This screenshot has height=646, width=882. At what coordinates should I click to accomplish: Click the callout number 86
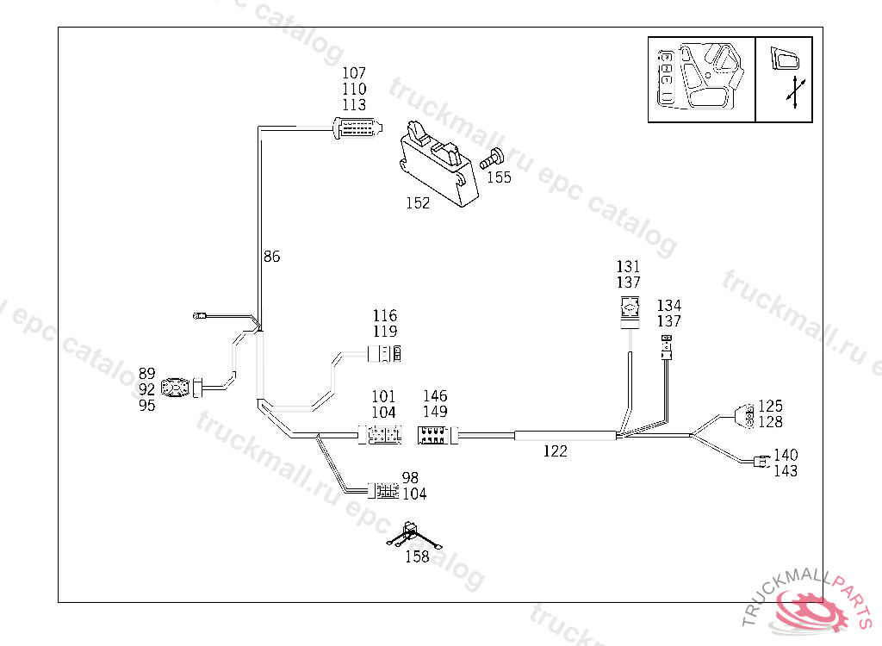tap(271, 257)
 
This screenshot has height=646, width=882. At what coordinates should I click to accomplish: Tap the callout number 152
tap(418, 203)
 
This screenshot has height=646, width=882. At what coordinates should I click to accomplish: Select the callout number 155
tap(499, 177)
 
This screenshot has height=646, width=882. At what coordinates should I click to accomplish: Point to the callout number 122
tap(556, 450)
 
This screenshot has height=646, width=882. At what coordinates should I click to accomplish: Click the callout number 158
tap(417, 556)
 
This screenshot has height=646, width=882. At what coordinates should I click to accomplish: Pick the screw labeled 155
tap(493, 158)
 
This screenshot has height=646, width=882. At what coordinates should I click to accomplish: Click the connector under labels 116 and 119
tap(386, 353)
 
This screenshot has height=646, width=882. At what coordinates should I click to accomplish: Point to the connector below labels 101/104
tap(381, 436)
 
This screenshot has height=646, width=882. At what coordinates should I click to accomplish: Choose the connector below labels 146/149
tap(437, 436)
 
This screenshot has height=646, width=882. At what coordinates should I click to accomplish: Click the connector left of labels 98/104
tap(382, 492)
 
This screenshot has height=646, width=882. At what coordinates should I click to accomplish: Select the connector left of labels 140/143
tap(759, 463)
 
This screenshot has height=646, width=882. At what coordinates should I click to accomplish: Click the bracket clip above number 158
tap(414, 534)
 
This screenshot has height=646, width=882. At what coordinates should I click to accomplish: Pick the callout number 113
tap(354, 104)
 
